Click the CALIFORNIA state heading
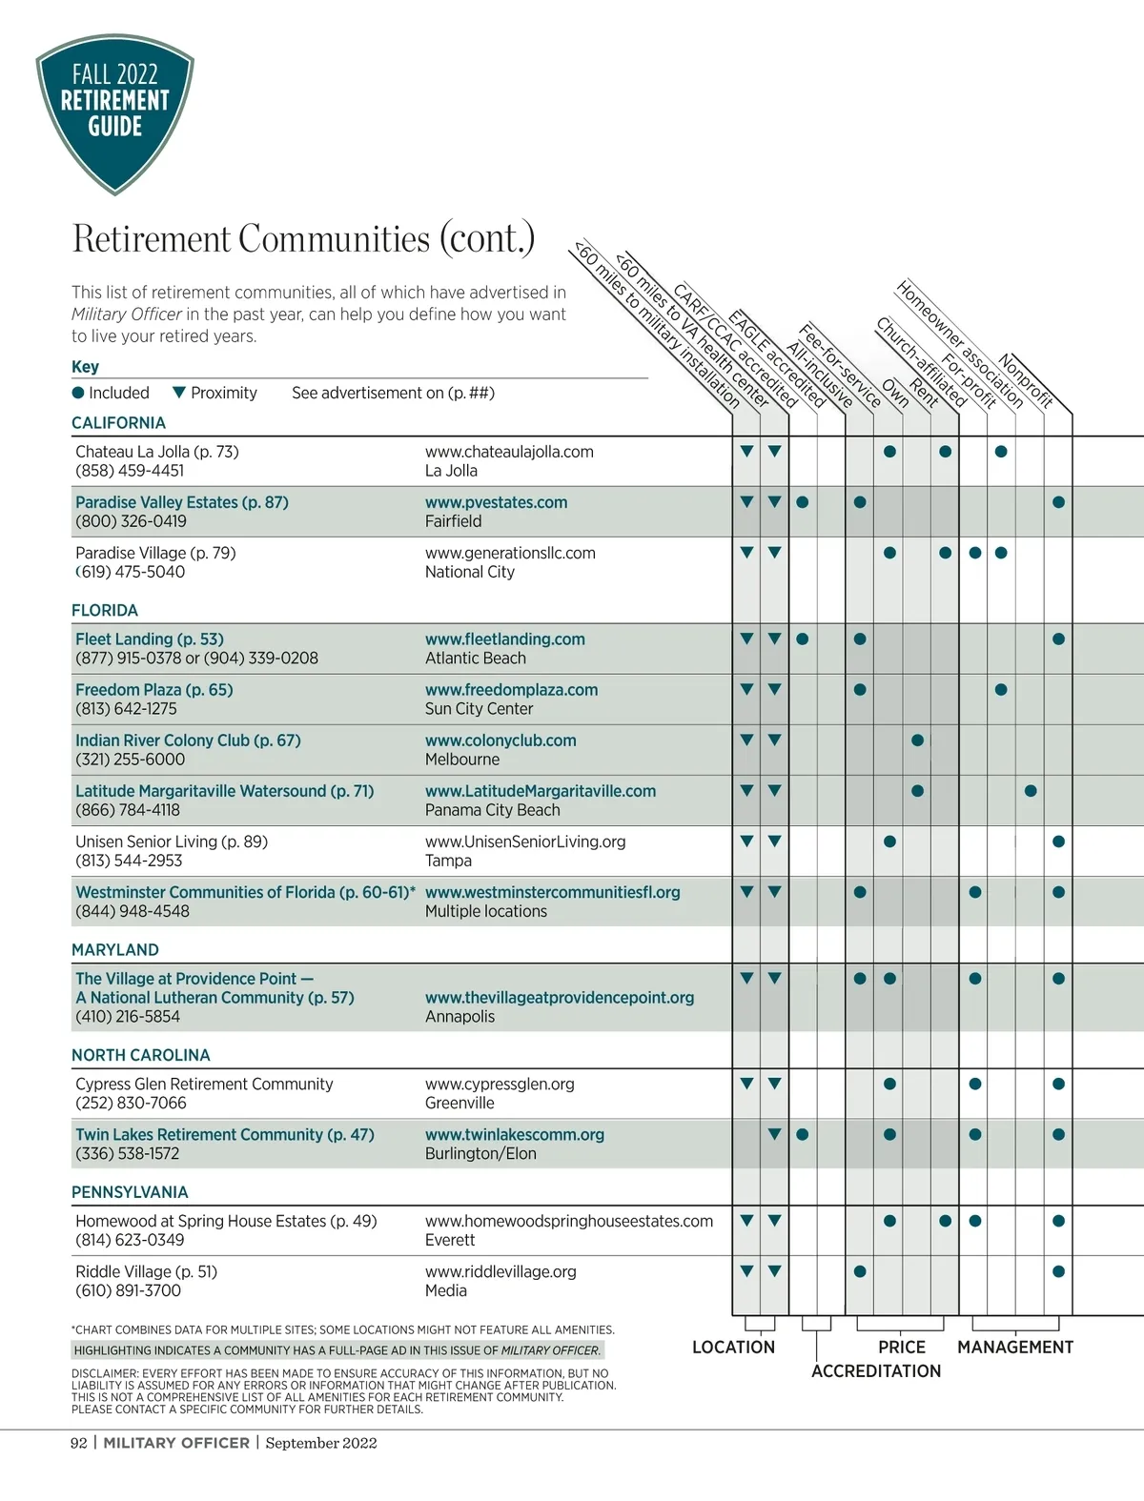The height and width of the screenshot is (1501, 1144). [x=118, y=422]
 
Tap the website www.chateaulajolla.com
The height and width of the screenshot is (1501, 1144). [x=509, y=452]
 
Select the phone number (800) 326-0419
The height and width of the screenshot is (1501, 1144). [x=131, y=521]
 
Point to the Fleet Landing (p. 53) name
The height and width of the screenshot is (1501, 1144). [x=150, y=639]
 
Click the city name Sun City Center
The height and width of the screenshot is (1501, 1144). [x=479, y=709]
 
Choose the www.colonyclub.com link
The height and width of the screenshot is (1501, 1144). [x=500, y=740]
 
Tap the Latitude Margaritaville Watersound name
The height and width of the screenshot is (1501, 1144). [x=224, y=791]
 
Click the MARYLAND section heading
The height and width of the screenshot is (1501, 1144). [x=115, y=950]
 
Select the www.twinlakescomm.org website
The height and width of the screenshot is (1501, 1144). [x=515, y=1135]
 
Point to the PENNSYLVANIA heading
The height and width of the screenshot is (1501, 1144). [x=130, y=1192]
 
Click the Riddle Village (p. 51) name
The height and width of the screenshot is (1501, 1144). [x=146, y=1271]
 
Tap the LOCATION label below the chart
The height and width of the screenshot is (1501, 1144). [x=733, y=1348]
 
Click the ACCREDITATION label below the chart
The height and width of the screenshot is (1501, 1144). [x=876, y=1371]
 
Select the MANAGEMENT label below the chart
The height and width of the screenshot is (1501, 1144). [x=1015, y=1348]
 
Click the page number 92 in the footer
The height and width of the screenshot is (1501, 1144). [x=79, y=1443]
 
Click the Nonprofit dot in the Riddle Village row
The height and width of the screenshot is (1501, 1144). [x=1058, y=1271]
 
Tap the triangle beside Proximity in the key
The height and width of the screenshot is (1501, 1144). [x=178, y=393]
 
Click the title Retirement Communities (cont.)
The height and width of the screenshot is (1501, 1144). [x=303, y=238]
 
